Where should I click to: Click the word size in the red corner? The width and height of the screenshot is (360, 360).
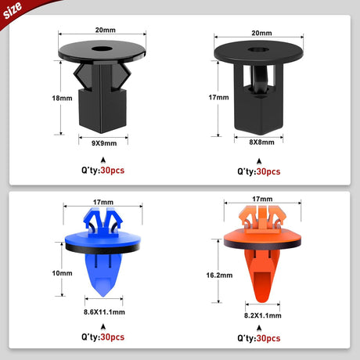point(13,11)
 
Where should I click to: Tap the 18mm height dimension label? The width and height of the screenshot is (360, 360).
point(62,99)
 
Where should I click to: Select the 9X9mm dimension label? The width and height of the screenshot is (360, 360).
point(104,143)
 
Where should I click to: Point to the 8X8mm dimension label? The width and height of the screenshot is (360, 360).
point(261,142)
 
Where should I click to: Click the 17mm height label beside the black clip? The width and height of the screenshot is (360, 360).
point(218,97)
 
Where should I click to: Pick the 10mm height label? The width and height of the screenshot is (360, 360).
point(62,273)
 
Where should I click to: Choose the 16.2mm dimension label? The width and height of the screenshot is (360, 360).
point(219,275)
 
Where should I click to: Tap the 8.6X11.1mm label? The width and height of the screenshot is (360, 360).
point(104,312)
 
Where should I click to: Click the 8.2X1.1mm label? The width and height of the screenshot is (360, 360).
point(263,315)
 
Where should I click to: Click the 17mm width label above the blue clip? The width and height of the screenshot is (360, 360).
point(103,202)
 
